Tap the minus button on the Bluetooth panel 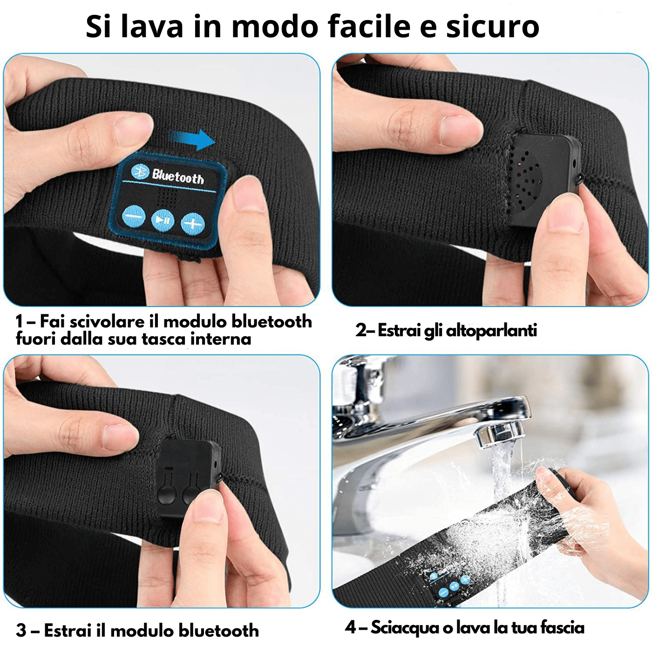click(134, 217)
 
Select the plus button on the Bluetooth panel click(193, 224)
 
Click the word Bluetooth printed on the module click(178, 177)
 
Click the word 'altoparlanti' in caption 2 click(491, 330)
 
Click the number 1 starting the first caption click(19, 321)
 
